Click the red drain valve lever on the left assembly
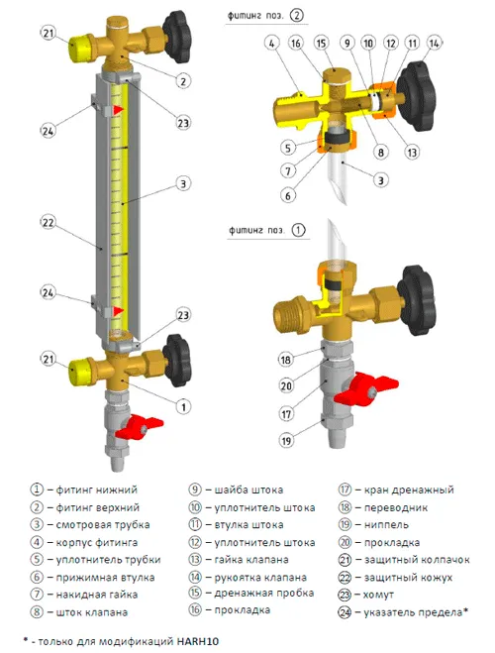pos(136,430)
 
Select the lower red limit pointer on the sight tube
pos(118,312)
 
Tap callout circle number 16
pos(295,44)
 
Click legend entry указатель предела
pos(411,610)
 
